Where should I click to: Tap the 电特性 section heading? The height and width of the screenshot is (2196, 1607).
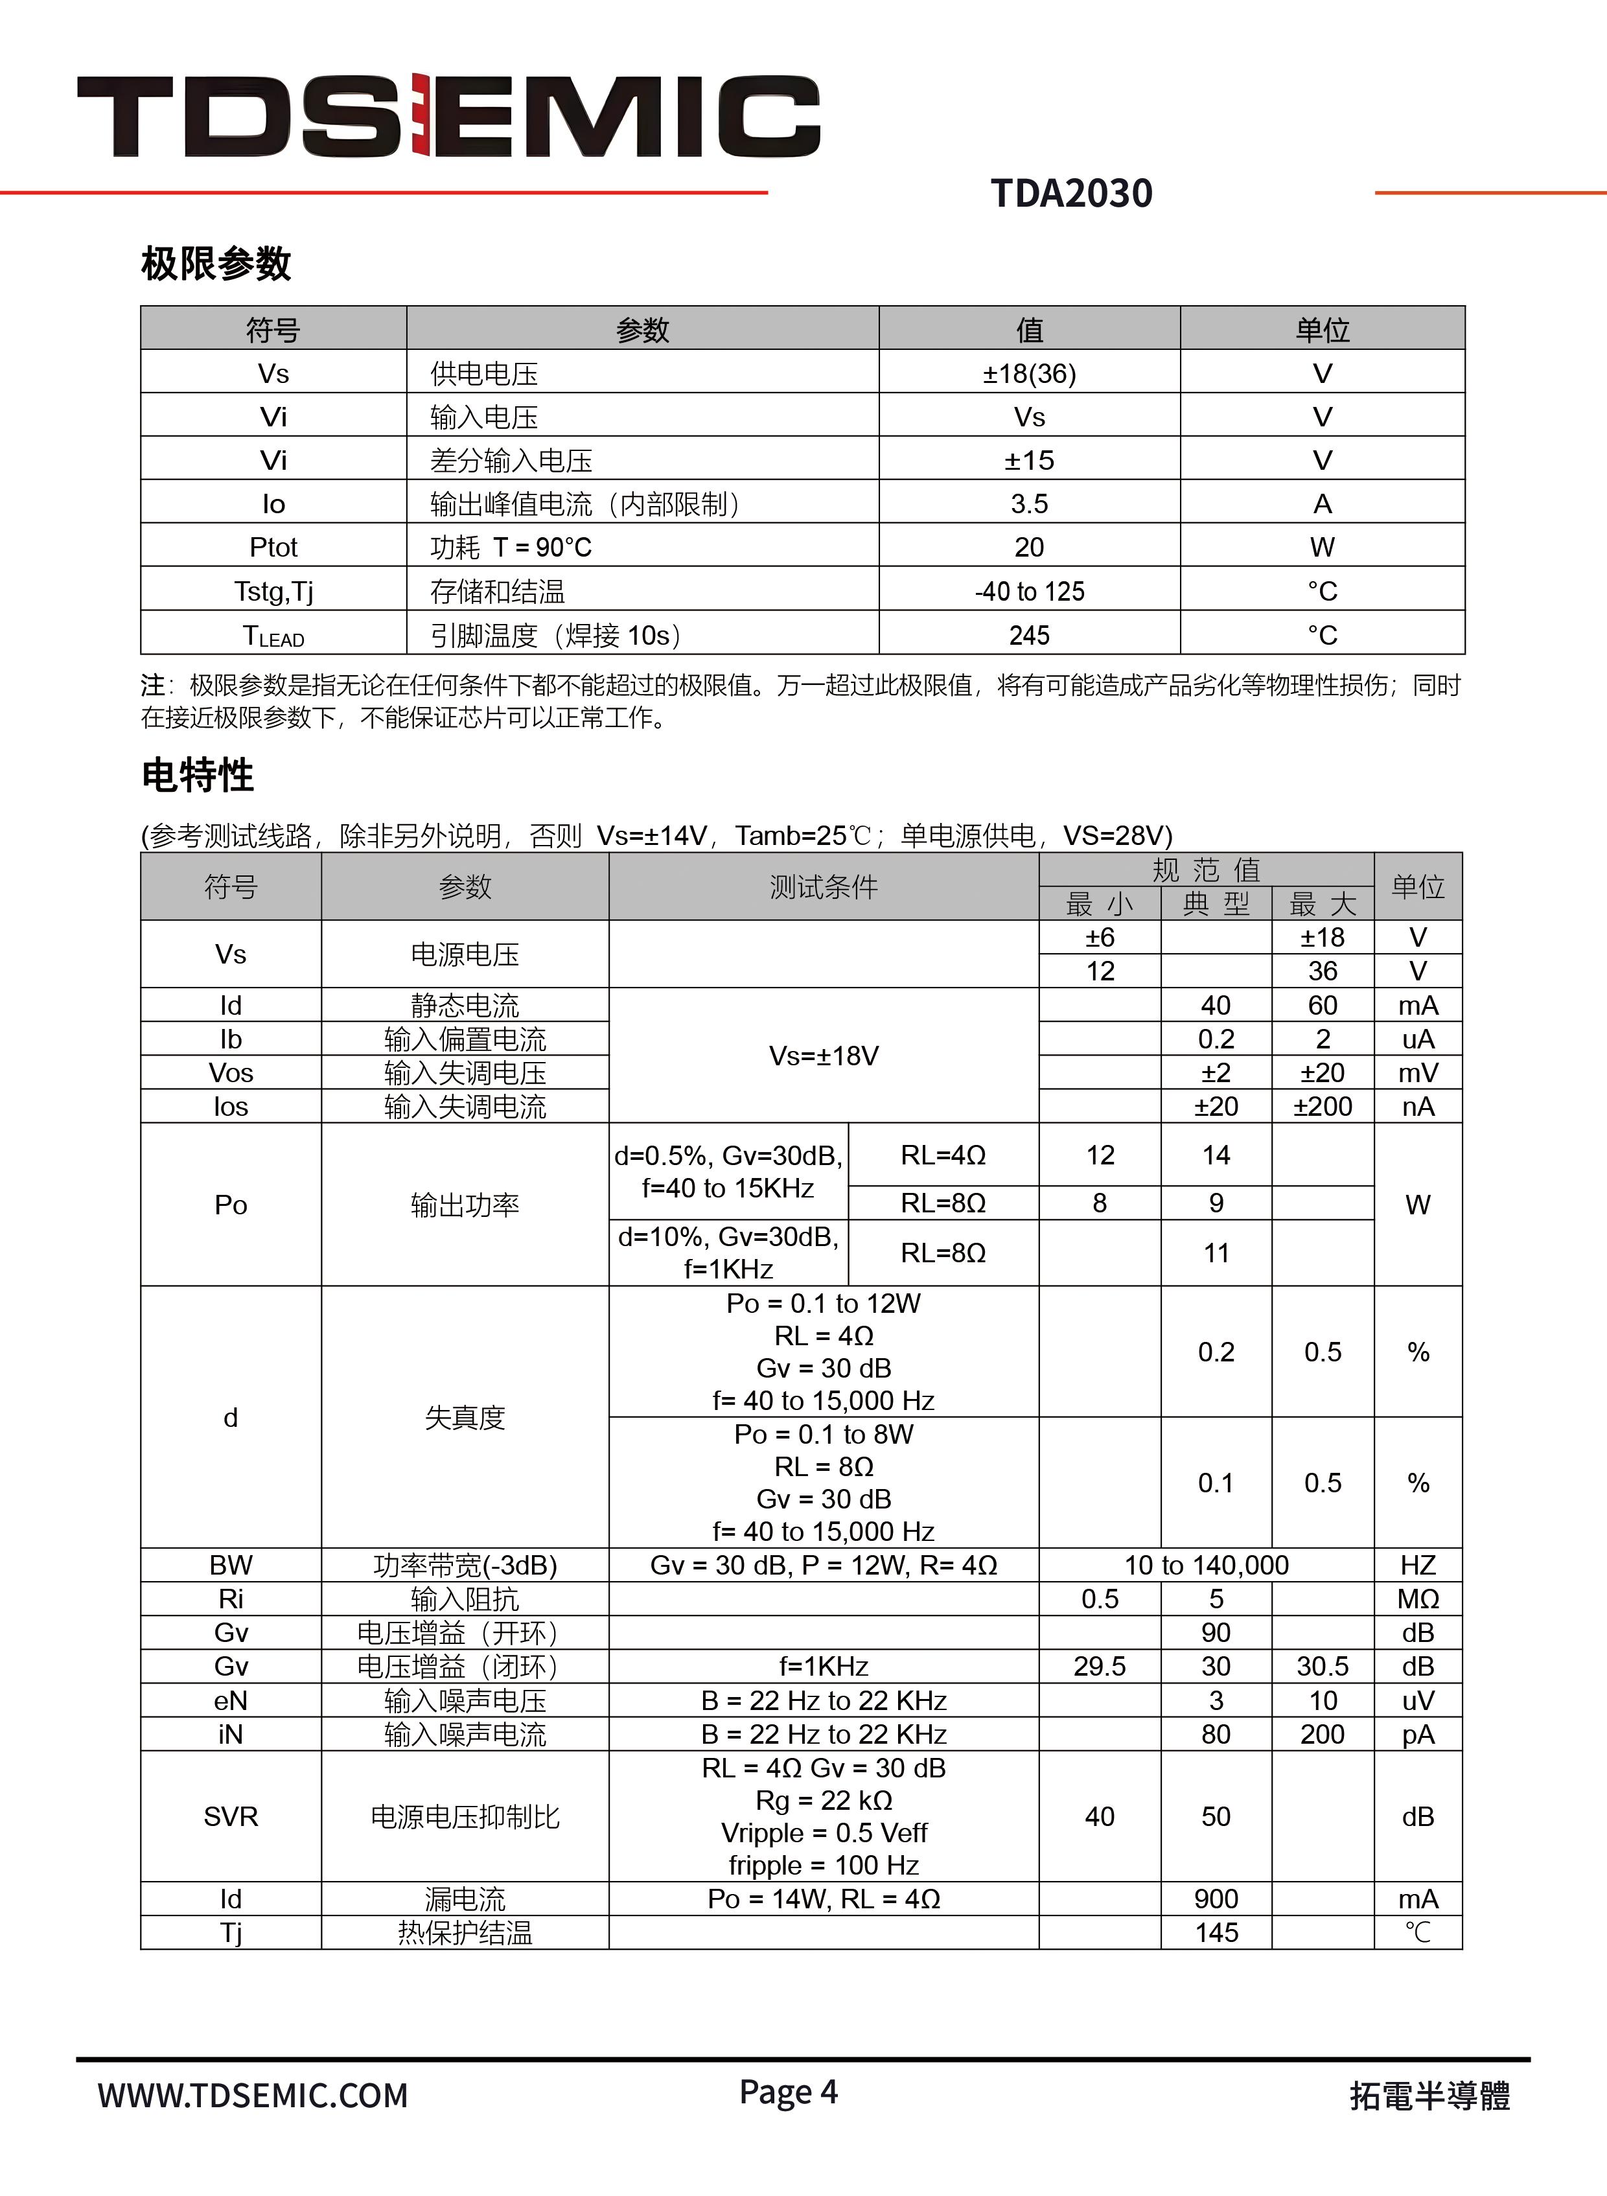coord(198,775)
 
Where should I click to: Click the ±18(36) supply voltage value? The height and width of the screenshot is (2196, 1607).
coord(1029,373)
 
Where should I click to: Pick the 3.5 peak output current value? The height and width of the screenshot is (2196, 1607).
coord(1029,503)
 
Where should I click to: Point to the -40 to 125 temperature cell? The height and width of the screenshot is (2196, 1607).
coord(1029,592)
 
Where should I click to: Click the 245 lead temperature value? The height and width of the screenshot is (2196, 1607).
coord(1029,635)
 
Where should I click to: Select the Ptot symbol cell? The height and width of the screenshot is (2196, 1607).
coord(273,548)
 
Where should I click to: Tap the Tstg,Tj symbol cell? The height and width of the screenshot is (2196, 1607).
coord(273,592)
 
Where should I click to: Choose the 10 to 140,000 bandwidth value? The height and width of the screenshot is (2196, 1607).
coord(1207,1565)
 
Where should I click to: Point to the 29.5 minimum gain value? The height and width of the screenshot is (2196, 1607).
coord(1099,1666)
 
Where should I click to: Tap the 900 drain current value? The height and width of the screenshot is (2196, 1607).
coord(1216,1899)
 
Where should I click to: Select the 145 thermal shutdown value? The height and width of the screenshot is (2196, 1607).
coord(1216,1932)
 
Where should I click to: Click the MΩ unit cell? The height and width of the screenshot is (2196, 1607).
coord(1417,1599)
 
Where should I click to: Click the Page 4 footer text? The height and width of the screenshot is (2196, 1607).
coord(788,2091)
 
